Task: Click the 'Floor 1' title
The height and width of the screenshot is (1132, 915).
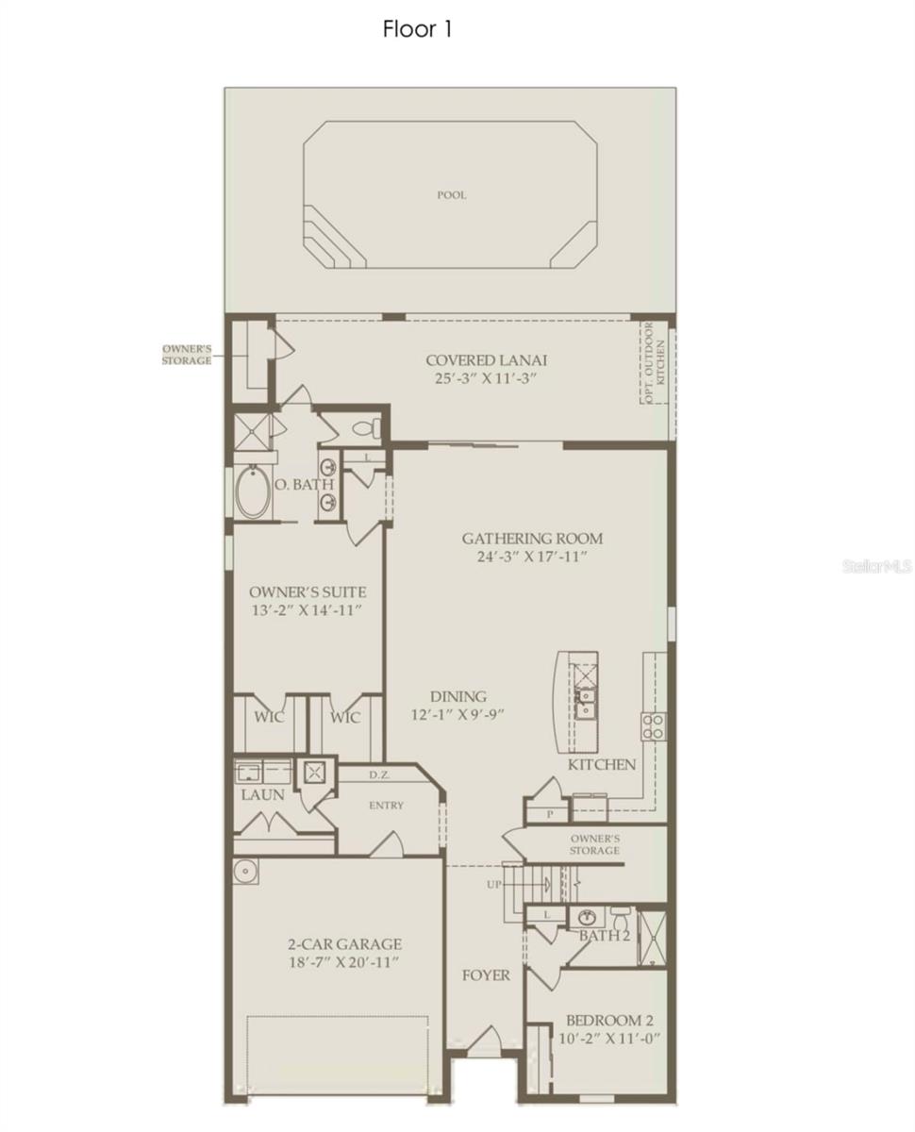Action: coord(417,29)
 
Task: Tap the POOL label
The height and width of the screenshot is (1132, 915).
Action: coord(452,195)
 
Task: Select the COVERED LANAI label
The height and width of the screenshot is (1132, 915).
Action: coord(486,360)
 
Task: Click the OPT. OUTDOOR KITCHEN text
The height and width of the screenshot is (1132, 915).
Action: coord(654,362)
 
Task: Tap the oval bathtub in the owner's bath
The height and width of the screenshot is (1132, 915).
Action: coord(253,491)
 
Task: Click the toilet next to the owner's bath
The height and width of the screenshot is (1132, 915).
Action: coord(368,427)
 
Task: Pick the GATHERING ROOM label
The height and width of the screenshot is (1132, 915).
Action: coord(532,539)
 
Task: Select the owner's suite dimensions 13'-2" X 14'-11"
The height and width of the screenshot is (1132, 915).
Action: coord(308,610)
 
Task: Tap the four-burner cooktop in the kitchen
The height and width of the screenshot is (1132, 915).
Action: coord(654,726)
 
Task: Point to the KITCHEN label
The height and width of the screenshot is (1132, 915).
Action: coord(602,765)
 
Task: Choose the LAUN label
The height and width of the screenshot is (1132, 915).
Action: coord(262,795)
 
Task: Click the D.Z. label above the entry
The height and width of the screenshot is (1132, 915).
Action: coord(379,774)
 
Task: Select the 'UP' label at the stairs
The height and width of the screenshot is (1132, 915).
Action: coord(493,885)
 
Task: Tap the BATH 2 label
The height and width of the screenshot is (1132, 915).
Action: coord(605,936)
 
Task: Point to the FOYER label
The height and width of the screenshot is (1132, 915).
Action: coord(486,975)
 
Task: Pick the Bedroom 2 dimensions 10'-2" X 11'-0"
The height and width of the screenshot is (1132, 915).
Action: coord(609,1038)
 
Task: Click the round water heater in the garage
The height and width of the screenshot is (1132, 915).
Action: coord(245,872)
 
